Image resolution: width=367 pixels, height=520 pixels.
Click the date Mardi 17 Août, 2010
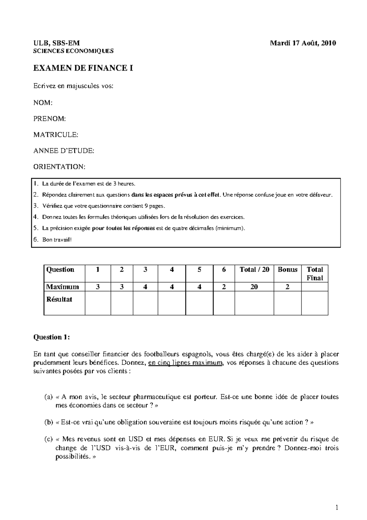[303, 43]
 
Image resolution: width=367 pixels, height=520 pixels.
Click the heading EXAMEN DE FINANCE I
[83, 68]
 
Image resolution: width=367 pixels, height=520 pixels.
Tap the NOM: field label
[43, 103]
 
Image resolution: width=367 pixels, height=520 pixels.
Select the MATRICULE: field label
[56, 135]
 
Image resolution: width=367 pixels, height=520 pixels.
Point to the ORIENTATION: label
[59, 167]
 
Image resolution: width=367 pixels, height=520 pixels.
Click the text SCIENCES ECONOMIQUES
[73, 51]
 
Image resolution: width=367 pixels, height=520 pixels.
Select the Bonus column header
[287, 269]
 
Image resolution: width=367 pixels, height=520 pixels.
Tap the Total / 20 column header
[254, 269]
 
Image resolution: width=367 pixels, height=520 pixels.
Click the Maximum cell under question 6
[224, 287]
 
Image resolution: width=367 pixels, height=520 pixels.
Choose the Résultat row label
[59, 299]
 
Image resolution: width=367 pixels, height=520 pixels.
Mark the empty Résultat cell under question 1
[98, 303]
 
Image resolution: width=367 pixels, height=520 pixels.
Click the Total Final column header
[314, 273]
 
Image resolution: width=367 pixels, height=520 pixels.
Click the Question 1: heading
[51, 337]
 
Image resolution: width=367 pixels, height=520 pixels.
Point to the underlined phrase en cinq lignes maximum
[185, 363]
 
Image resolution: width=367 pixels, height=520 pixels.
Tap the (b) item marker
[49, 423]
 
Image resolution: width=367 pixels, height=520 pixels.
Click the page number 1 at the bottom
[337, 508]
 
